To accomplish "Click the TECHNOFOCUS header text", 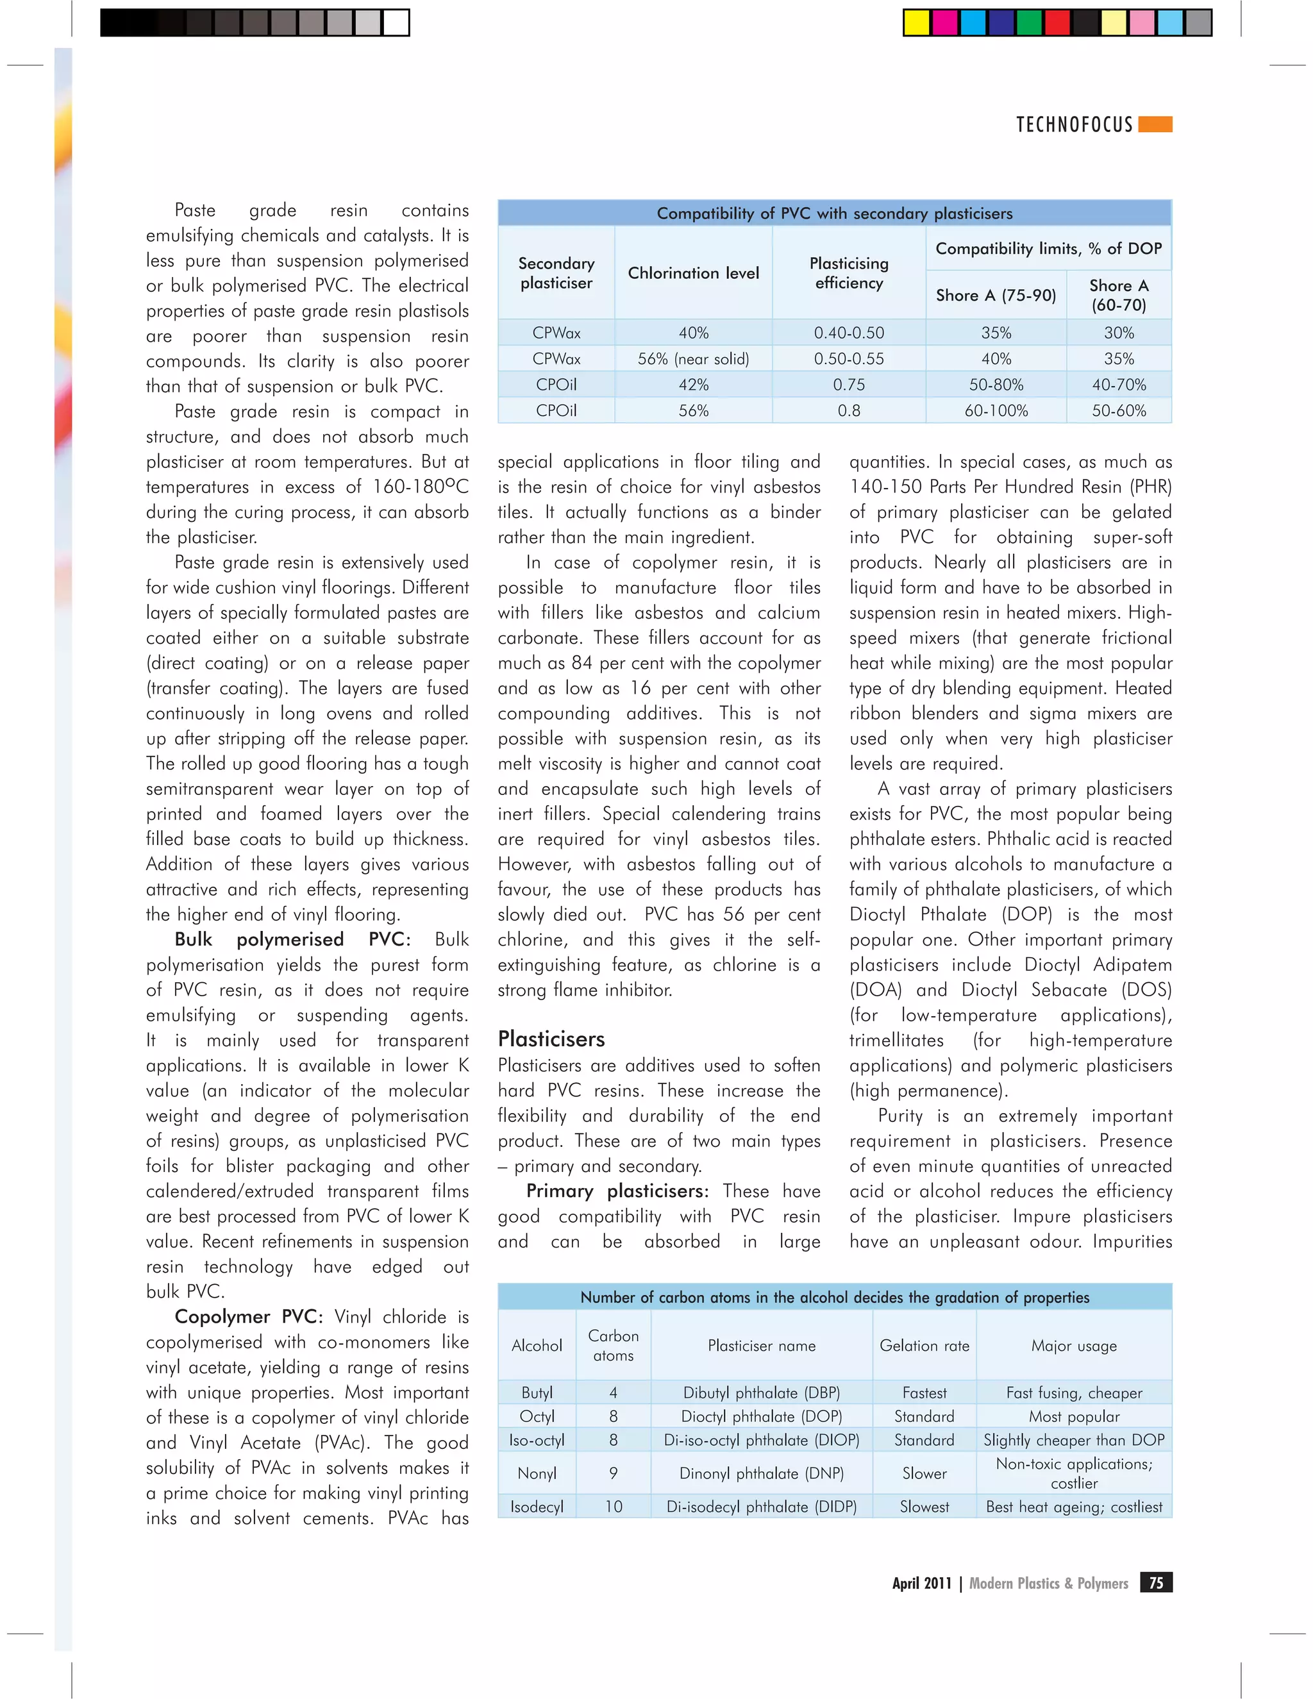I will click(1075, 124).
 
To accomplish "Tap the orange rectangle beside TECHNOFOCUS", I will click(1155, 124).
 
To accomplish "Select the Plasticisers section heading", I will click(551, 1039).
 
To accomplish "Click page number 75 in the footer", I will click(1156, 1582).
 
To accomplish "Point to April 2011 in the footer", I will click(921, 1583).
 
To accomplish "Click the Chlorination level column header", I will click(693, 273).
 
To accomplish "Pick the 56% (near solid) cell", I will click(693, 358).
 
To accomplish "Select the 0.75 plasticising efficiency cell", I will click(849, 384).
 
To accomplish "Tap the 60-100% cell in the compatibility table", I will click(996, 410).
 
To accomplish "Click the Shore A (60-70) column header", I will click(1119, 295).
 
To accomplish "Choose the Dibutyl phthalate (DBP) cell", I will click(762, 1393).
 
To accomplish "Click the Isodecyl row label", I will click(537, 1506).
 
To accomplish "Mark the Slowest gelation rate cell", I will click(924, 1506).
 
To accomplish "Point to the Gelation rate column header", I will click(924, 1345).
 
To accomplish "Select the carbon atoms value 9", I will click(613, 1473).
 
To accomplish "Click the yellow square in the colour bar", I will click(916, 22).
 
